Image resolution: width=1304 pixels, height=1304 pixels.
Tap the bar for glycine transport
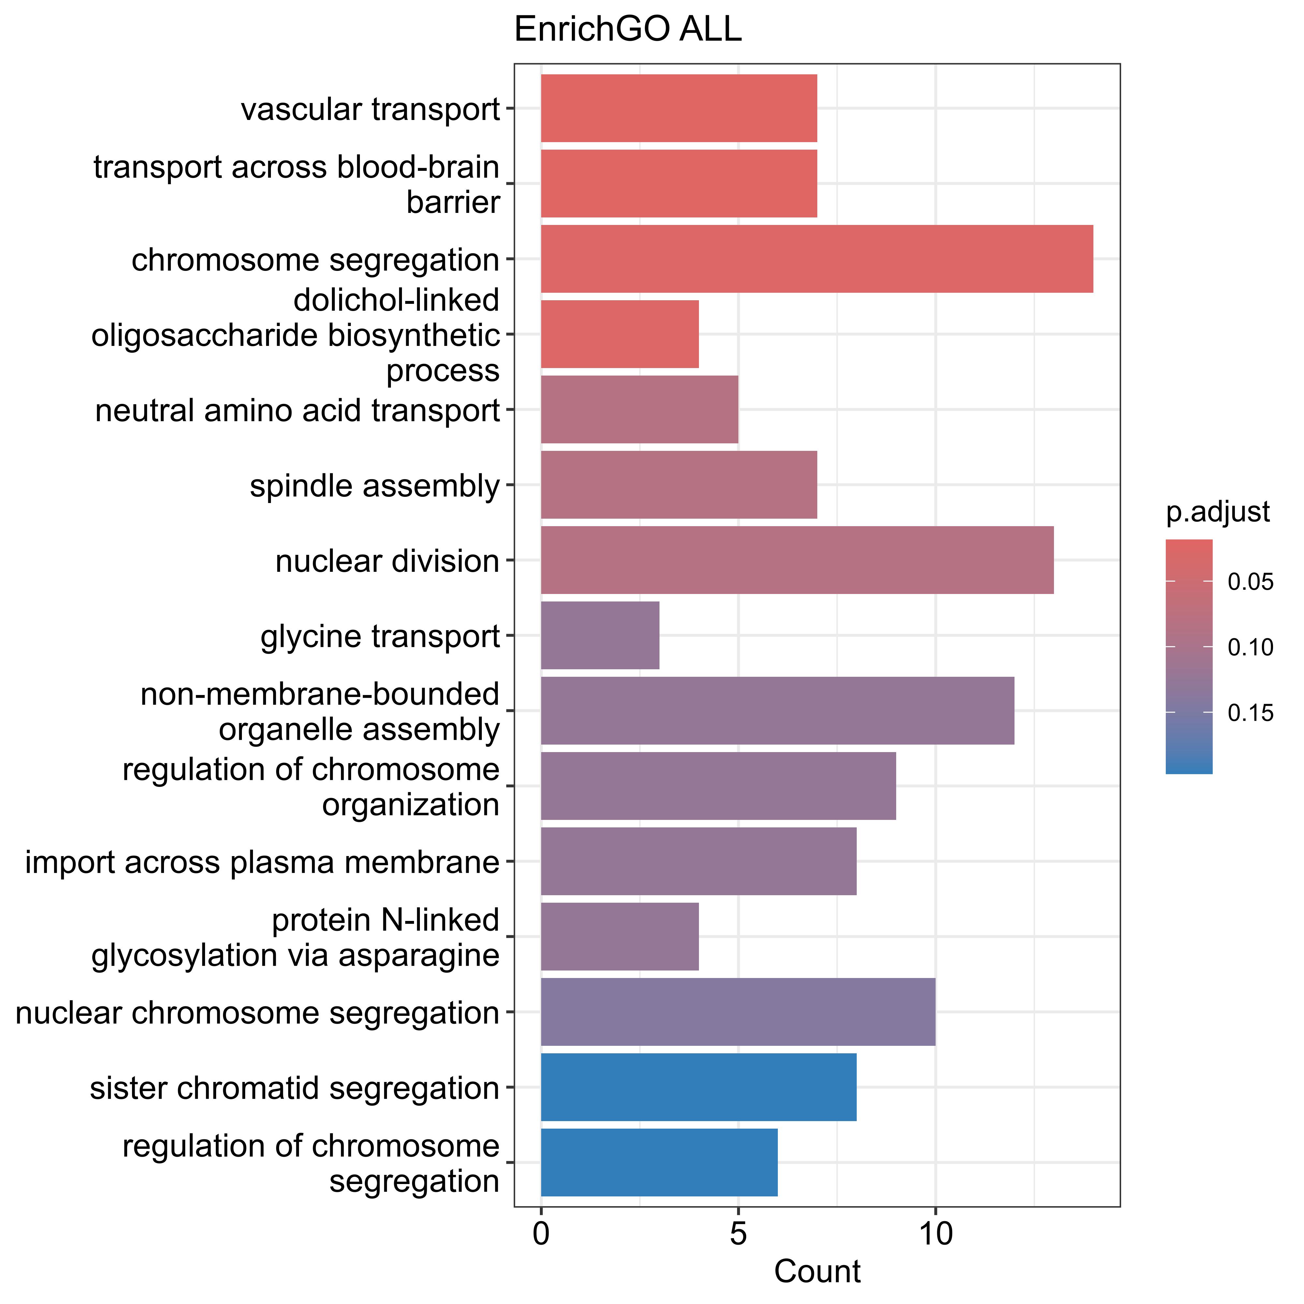pyautogui.click(x=600, y=635)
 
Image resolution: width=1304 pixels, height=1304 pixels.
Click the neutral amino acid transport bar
pyautogui.click(x=639, y=410)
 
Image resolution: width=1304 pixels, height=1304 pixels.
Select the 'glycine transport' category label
pyautogui.click(x=380, y=636)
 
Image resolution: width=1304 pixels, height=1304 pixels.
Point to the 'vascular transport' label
pyautogui.click(x=371, y=109)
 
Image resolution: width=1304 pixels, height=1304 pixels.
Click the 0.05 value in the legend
pyautogui.click(x=1250, y=582)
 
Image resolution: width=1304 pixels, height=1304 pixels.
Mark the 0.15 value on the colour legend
pyautogui.click(x=1250, y=713)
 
